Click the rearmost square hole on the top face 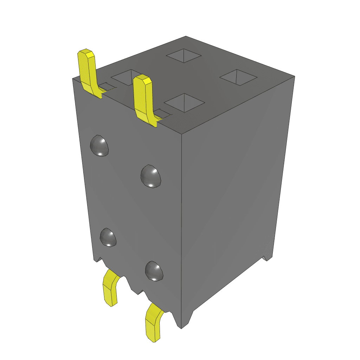click(184, 56)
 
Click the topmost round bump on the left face click(99, 146)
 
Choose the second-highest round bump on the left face click(151, 175)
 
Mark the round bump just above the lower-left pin click(108, 237)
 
